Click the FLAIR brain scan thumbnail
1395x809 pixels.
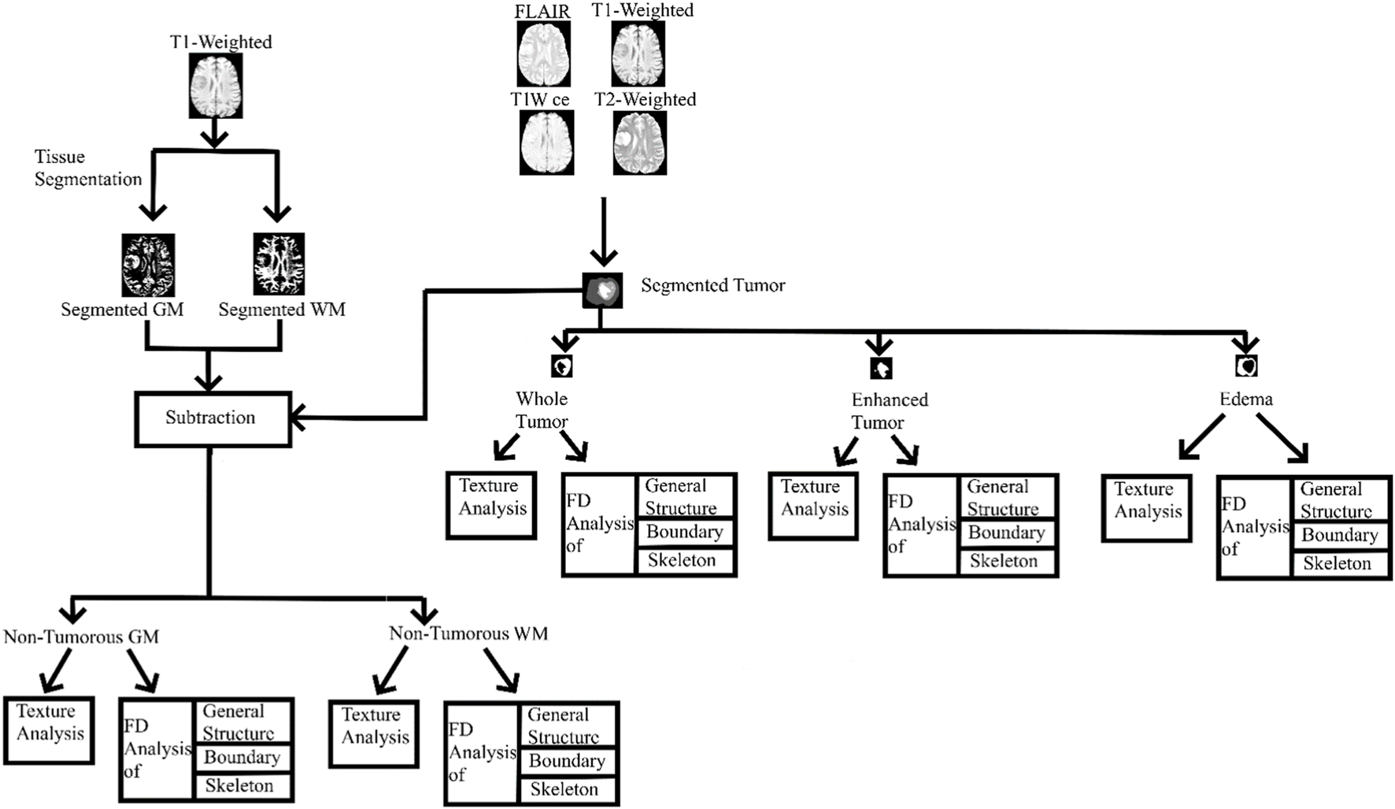click(543, 54)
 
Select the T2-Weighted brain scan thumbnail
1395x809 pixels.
click(640, 143)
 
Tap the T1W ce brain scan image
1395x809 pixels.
click(546, 143)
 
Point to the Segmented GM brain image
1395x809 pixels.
click(148, 265)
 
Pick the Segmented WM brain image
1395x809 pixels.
click(279, 265)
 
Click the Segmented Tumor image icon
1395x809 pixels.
click(602, 290)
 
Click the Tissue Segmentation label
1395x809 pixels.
click(87, 168)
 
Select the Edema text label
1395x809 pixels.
click(1245, 399)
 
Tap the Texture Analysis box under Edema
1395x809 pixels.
click(1146, 508)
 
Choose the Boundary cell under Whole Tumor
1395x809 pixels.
click(685, 533)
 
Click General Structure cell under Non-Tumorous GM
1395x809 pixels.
click(242, 722)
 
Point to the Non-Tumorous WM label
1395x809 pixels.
click(468, 633)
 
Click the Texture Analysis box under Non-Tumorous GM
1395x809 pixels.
click(49, 730)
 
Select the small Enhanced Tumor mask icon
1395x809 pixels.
click(880, 367)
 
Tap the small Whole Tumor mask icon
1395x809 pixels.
click(561, 366)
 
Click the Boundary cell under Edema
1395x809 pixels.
click(1340, 536)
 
